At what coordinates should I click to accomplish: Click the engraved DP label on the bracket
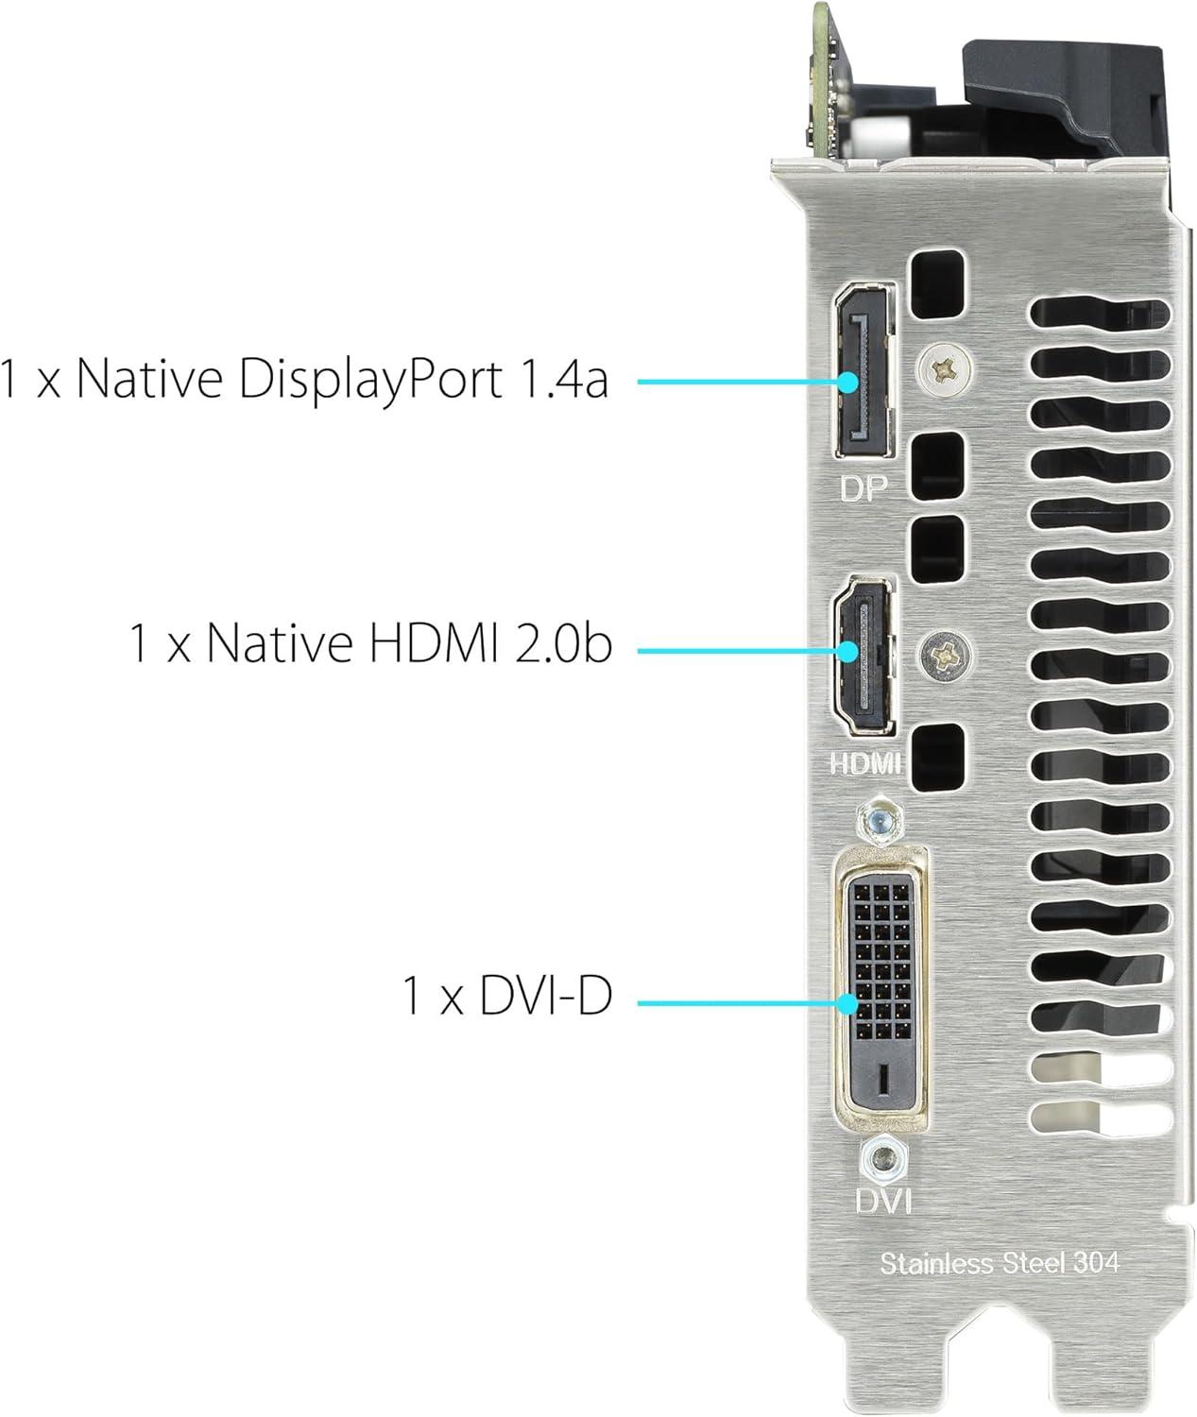864,488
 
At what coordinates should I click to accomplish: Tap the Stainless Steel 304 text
999,1263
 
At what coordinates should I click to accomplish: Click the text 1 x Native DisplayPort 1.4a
304,380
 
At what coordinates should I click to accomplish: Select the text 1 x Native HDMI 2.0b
370,642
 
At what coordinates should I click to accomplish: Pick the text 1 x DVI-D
507,996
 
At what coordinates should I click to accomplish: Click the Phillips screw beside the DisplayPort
944,370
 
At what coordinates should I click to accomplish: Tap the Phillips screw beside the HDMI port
944,656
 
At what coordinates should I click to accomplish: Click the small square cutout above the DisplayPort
937,284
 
